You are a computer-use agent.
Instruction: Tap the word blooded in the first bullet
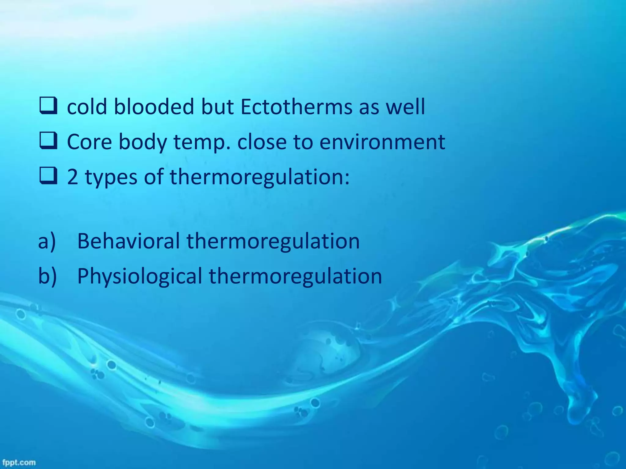coord(154,107)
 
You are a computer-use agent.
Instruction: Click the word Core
coord(89,142)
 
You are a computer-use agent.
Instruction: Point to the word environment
coord(382,142)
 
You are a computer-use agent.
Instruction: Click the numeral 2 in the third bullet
coord(72,177)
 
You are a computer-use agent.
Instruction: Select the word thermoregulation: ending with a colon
coord(260,177)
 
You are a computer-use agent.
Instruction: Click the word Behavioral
coord(128,241)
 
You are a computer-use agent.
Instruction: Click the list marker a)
coord(47,241)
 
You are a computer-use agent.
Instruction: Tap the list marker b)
coord(47,276)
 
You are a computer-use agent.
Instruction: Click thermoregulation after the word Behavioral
coord(273,241)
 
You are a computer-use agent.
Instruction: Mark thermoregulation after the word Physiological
coord(295,276)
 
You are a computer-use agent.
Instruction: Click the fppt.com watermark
coord(19,462)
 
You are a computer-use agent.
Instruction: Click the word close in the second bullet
coord(262,142)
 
